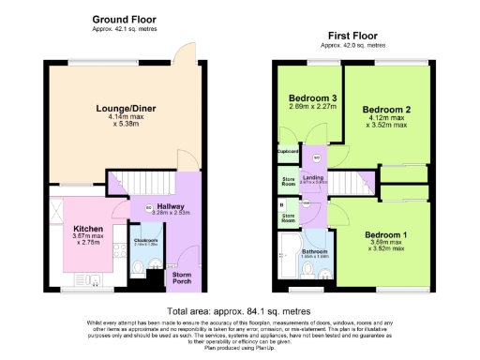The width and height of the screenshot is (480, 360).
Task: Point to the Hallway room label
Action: tap(169, 207)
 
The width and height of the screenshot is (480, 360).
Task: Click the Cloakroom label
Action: tap(145, 242)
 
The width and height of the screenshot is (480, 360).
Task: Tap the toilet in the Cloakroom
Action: tap(138, 267)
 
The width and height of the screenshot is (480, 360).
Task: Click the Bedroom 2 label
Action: tap(387, 110)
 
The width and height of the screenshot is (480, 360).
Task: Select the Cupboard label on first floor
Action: tap(287, 151)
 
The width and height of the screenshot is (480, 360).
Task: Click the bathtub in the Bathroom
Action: tap(285, 256)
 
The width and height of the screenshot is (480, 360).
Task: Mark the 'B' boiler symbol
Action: tap(281, 203)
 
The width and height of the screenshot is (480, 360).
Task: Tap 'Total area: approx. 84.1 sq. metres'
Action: tap(239, 310)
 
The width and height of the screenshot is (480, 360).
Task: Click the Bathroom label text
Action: tap(314, 250)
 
